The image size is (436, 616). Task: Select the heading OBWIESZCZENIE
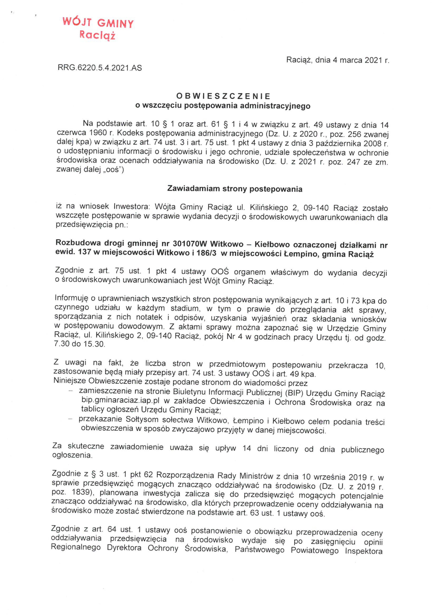pos(223,96)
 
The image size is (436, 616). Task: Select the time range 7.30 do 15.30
pos(79,344)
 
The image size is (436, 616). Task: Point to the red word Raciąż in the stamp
pos(97,35)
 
